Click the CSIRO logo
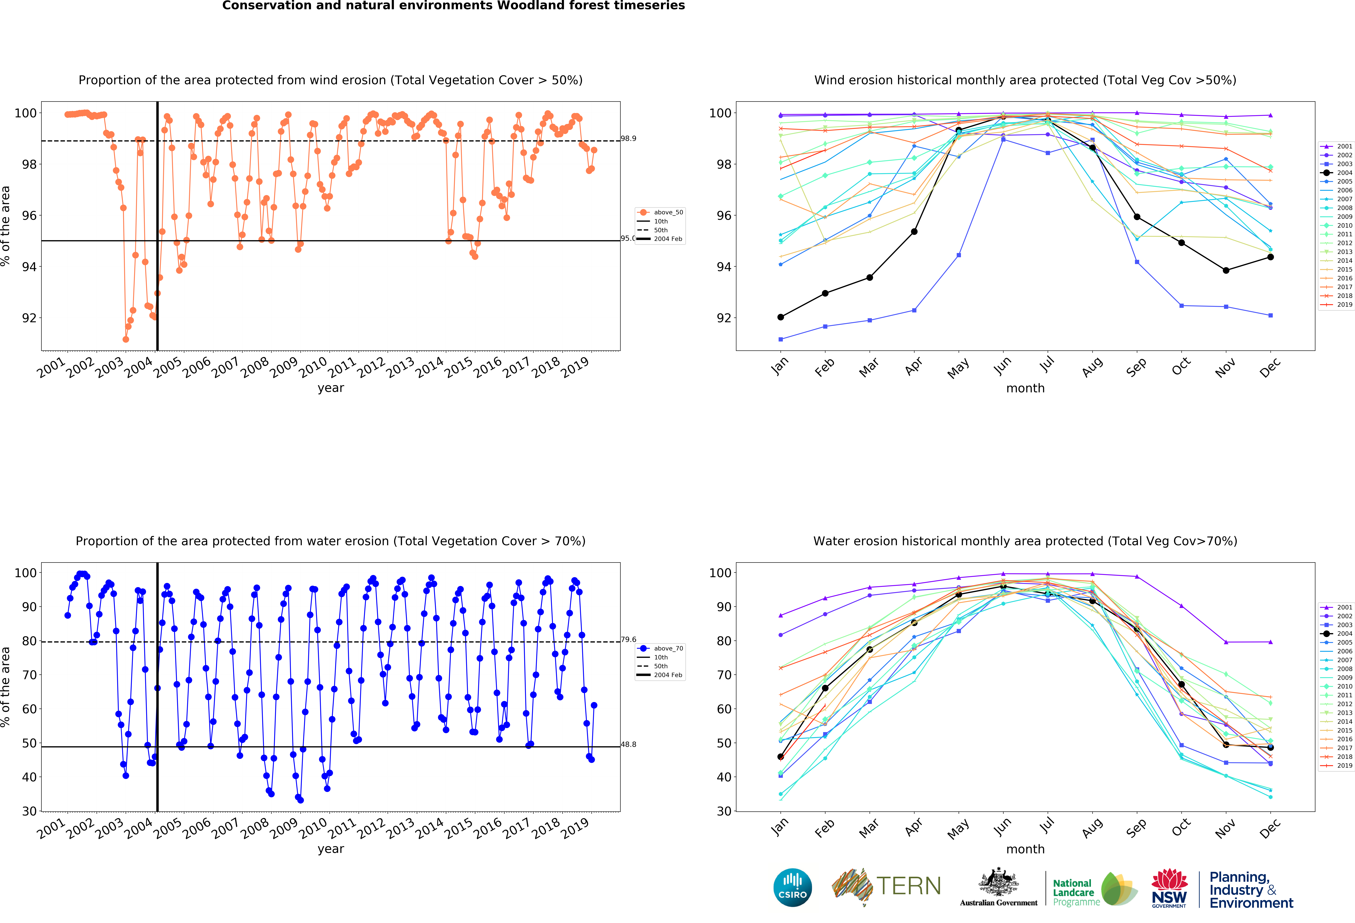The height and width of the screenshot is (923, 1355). click(792, 887)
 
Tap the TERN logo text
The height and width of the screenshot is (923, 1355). click(908, 886)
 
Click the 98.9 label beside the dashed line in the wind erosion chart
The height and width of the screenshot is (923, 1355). click(628, 139)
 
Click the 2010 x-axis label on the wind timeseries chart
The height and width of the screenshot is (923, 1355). click(313, 367)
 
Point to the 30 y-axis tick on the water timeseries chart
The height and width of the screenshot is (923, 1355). click(29, 811)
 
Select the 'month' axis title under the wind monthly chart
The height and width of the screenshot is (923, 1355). click(1025, 388)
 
